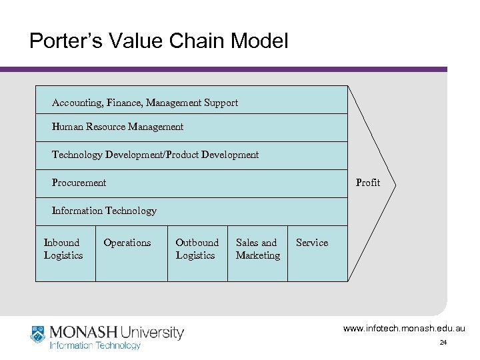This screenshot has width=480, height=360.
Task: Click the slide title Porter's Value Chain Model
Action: point(159,42)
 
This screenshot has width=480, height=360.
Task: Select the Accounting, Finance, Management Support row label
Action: point(145,103)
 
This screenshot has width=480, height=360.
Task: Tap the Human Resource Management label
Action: point(117,127)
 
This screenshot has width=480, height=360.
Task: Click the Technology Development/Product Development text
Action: point(155,155)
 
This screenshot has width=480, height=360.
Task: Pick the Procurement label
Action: point(79,183)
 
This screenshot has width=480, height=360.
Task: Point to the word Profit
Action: point(368,183)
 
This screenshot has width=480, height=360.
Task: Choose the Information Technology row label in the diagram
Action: point(104,211)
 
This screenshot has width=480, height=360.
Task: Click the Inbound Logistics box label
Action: point(63,249)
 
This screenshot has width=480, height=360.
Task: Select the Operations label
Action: point(127,243)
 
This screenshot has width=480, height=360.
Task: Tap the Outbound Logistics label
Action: point(197,249)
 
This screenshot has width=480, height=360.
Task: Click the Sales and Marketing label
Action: point(257,249)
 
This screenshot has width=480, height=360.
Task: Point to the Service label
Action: point(311,243)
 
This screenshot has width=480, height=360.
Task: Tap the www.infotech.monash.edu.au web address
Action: point(405,329)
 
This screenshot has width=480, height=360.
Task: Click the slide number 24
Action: point(443,343)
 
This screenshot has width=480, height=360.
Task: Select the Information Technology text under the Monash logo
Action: point(96,345)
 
